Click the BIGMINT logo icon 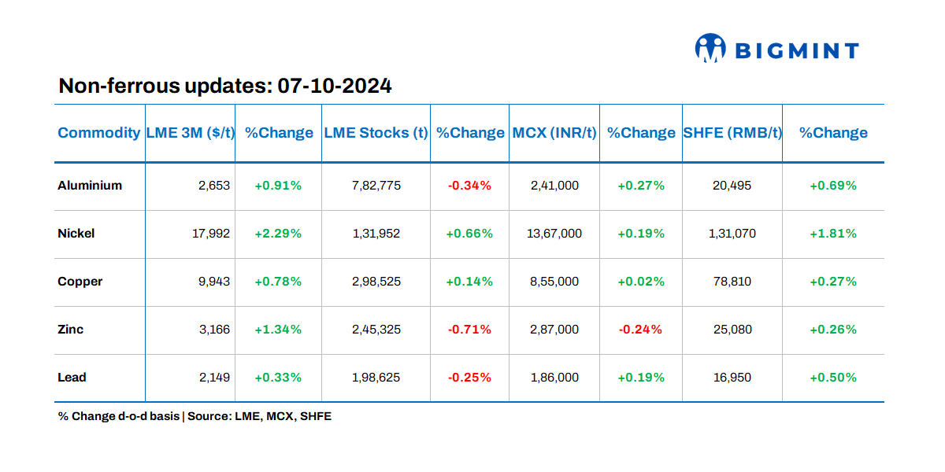(710, 49)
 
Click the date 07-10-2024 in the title (335, 86)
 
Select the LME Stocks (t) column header (376, 133)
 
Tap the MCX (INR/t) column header (554, 133)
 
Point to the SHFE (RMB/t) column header (732, 133)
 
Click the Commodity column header (98, 133)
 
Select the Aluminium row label (90, 186)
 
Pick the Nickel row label (76, 234)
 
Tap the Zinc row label (71, 330)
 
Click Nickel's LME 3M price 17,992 (212, 234)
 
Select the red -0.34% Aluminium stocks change (469, 186)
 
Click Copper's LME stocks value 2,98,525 (376, 282)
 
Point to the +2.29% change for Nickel (278, 234)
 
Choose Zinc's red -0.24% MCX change (640, 330)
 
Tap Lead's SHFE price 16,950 (732, 378)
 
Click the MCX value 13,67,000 (554, 234)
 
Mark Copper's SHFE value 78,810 (732, 282)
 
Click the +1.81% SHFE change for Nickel (833, 234)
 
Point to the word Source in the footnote (209, 416)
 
